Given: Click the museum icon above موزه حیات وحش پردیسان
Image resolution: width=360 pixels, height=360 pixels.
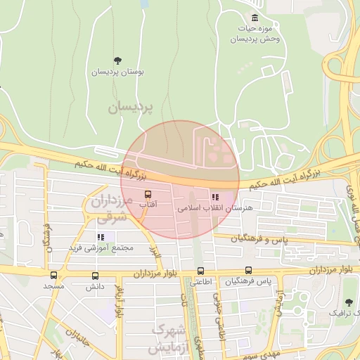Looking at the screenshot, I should click(x=254, y=18).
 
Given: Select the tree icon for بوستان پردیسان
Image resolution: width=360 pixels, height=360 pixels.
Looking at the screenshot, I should click(x=117, y=60).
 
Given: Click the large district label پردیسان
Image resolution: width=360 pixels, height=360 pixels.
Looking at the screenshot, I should click(x=131, y=108).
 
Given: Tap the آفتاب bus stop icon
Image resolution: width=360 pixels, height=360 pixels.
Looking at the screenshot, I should click(x=148, y=193).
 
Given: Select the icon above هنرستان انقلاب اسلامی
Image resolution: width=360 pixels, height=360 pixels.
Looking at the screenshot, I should click(x=214, y=198).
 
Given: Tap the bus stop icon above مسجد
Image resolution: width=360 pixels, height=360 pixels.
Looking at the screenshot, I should click(x=54, y=275).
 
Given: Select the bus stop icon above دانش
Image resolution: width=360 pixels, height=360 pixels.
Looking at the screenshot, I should click(x=95, y=276).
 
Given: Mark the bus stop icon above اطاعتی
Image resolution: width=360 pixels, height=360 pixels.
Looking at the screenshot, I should click(x=200, y=271).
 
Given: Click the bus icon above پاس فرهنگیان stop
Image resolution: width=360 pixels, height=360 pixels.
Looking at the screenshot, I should click(x=248, y=270).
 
